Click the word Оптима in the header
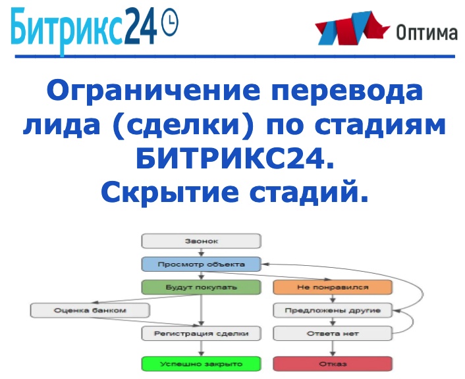click(426, 33)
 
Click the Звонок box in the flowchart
click(201, 241)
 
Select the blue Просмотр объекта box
click(201, 265)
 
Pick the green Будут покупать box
click(201, 288)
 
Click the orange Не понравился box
click(333, 288)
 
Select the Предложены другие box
click(333, 310)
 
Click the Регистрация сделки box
click(201, 334)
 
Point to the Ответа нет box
click(333, 334)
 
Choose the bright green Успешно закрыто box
click(201, 363)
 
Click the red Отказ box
click(333, 363)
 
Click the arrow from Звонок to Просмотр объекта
click(201, 253)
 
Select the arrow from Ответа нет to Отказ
click(333, 348)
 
